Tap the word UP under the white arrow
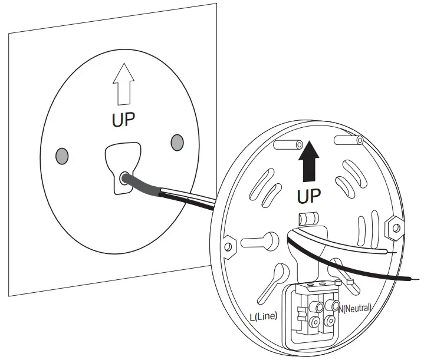[123, 120]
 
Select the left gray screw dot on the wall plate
[61, 156]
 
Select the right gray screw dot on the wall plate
[176, 141]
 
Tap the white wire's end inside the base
[386, 252]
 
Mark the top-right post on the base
[349, 140]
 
